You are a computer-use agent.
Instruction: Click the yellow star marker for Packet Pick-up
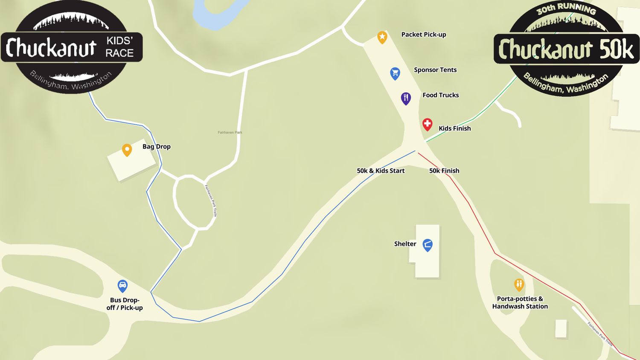382,37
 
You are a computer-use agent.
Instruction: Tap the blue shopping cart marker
395,73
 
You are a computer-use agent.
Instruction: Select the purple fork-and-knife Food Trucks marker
406,98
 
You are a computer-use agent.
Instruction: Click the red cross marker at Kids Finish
427,124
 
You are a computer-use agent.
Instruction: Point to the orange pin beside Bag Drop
127,150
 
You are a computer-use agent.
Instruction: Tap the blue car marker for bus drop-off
122,285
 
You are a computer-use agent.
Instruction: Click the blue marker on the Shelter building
428,245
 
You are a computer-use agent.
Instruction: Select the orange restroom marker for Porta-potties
519,284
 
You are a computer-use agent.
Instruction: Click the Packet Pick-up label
424,35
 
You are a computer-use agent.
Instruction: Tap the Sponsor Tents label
435,70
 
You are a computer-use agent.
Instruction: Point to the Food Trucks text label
441,95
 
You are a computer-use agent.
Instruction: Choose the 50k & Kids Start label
381,171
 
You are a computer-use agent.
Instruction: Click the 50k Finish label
444,171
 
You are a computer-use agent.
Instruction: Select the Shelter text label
405,244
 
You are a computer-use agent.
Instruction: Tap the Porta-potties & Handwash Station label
520,302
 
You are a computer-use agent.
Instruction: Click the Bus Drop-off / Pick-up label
125,304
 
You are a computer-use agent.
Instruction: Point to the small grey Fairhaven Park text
230,133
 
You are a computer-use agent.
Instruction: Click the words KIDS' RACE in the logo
119,47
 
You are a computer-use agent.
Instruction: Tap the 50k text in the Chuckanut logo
616,50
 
